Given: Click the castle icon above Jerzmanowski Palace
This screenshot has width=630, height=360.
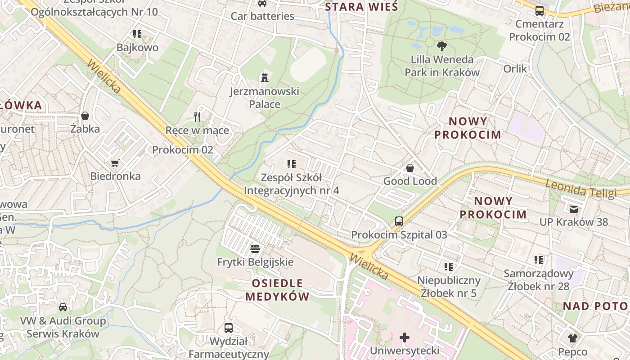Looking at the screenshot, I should [264, 77].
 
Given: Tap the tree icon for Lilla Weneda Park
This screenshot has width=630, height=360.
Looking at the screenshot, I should [441, 45].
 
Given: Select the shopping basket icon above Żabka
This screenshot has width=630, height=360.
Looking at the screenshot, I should [85, 116].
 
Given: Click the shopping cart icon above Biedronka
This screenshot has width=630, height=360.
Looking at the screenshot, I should [115, 163].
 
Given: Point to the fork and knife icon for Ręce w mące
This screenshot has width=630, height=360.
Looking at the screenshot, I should [197, 117].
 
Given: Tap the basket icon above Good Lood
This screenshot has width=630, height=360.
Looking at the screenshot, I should [410, 168].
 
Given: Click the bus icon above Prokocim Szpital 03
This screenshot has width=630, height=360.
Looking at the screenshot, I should [399, 221].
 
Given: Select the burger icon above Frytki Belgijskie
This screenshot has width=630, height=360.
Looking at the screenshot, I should [255, 248].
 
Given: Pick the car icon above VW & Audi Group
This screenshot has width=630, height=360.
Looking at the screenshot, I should [63, 307].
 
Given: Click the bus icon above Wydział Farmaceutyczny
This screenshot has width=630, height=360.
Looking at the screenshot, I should [229, 328].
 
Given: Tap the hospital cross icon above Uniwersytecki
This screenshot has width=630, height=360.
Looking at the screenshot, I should [405, 337].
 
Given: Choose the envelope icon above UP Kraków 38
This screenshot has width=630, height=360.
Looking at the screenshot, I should [574, 208].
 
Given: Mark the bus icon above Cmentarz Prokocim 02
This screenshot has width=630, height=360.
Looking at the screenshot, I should [540, 11].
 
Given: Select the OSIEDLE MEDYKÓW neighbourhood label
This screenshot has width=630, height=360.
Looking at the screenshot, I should [278, 290].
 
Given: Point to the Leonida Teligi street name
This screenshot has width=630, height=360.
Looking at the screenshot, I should [580, 189].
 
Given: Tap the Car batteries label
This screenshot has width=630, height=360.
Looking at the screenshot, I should [262, 16].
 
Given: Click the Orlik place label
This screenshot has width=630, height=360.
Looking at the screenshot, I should [515, 69].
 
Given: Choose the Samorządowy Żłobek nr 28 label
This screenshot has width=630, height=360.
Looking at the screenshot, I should [539, 279].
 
